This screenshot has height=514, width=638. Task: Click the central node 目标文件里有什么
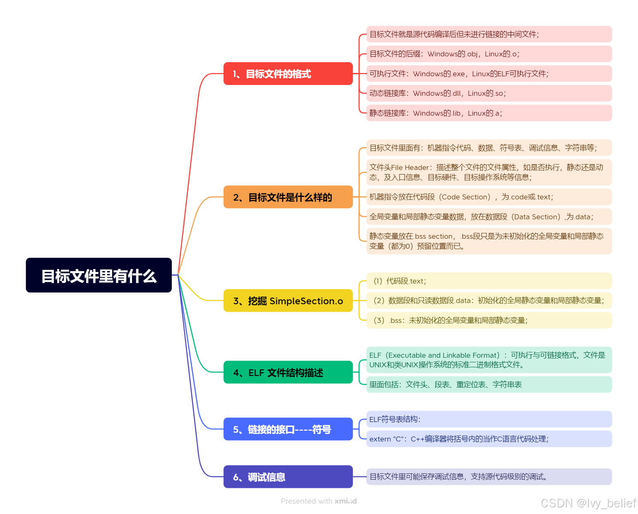[99, 275]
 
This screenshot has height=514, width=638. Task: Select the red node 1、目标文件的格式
[288, 74]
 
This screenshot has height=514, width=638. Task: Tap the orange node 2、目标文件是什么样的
[288, 197]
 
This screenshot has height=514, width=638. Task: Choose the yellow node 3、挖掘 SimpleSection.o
[288, 301]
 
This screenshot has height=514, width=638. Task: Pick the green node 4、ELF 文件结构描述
[288, 372]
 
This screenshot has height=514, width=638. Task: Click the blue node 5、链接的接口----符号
[288, 429]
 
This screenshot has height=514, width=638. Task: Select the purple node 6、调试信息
[288, 477]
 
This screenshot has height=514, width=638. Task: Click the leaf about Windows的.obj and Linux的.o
[489, 54]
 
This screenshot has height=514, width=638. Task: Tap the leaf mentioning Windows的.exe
[489, 74]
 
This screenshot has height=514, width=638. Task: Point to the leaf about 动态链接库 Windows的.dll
[489, 93]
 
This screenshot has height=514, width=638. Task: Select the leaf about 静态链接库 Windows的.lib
[489, 113]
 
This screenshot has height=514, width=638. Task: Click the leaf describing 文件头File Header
[489, 172]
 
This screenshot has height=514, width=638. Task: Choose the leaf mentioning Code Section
[489, 197]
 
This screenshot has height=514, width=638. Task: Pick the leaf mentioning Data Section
[489, 217]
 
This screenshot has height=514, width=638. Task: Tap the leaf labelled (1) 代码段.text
[489, 281]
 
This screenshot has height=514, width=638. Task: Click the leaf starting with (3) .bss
[489, 320]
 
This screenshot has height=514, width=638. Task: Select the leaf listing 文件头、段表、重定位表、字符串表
[489, 385]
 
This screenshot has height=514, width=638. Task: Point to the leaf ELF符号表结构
[489, 419]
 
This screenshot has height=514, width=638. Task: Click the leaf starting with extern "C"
[489, 439]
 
